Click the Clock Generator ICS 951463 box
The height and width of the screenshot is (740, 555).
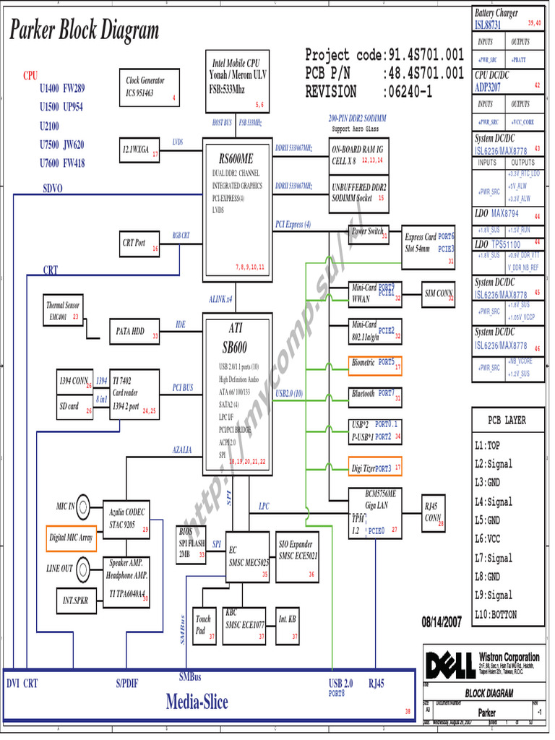pos(149,87)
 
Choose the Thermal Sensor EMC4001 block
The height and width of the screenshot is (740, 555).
pos(64,311)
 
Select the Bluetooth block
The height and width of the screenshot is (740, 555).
pos(374,395)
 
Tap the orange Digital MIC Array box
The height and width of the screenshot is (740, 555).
pos(71,538)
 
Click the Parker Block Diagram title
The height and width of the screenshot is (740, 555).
pos(84,31)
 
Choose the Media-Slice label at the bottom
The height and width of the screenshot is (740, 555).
pos(197,701)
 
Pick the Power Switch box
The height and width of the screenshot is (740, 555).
pos(368,233)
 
